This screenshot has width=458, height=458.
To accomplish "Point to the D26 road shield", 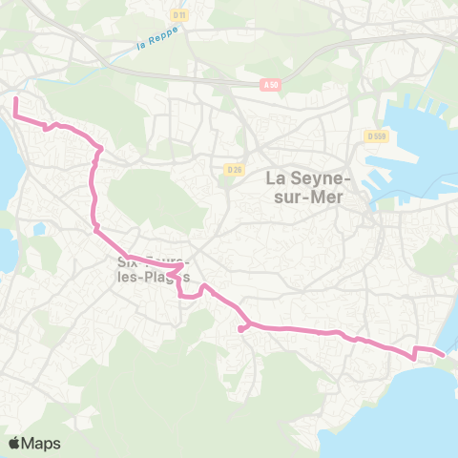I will pyautogui.click(x=234, y=168).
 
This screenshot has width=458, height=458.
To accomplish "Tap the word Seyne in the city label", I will pyautogui.click(x=322, y=177).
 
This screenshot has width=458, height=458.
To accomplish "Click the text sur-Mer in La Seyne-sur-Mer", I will pyautogui.click(x=312, y=197).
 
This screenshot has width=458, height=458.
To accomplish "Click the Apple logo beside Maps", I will pyautogui.click(x=16, y=443).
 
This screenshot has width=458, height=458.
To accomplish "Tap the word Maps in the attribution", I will pyautogui.click(x=43, y=443).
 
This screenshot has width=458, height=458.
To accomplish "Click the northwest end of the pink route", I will pyautogui.click(x=15, y=98).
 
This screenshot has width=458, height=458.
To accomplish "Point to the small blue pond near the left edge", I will pyautogui.click(x=38, y=229).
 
